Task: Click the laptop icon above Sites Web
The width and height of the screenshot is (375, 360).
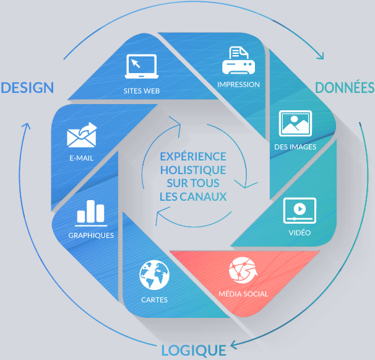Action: coord(142,66)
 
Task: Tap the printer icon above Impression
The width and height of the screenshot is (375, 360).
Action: coord(238,61)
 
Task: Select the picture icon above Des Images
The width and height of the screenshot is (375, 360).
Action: coord(295,123)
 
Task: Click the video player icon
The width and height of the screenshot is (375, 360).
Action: coord(300,211)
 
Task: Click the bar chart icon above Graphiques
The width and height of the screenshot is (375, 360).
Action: coord(91,213)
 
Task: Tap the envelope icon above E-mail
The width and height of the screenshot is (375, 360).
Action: coord(82,135)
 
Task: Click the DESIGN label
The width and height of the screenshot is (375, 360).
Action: coord(27,87)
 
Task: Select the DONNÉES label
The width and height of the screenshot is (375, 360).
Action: coord(345,87)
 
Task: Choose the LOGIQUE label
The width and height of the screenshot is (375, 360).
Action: coord(193,350)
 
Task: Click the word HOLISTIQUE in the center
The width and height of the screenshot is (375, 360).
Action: coord(192,170)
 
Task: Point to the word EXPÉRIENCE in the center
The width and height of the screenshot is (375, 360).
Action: coord(192,156)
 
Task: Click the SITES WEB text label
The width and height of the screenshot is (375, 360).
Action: coord(142,91)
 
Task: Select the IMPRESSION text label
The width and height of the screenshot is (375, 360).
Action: coord(238,84)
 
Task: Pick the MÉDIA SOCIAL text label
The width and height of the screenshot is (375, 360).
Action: coord(243,294)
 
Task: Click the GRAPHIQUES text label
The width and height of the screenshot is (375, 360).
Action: coord(91,235)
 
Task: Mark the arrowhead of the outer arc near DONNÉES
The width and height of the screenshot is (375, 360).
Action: coord(320,56)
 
